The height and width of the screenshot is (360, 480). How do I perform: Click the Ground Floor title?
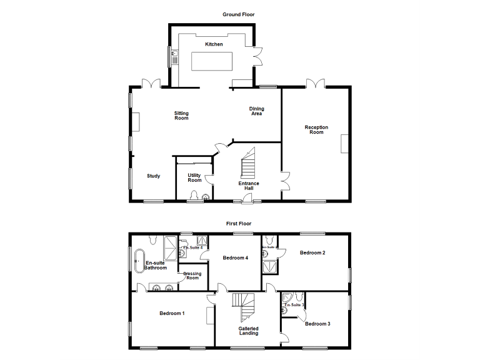(x=239, y=14)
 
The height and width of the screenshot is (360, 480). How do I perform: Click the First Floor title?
(x=239, y=223)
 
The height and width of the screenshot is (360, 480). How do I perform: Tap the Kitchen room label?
(x=214, y=44)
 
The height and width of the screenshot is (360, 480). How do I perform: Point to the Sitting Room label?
(x=181, y=116)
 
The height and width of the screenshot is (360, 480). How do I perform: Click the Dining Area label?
(x=256, y=111)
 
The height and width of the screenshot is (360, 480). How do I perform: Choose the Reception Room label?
(x=316, y=129)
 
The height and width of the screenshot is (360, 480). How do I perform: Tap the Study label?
(x=153, y=176)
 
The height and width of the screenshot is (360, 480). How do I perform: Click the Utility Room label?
(x=194, y=177)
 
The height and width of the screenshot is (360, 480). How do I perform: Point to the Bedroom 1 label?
(x=171, y=313)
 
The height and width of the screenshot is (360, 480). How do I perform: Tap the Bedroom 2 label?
(x=312, y=252)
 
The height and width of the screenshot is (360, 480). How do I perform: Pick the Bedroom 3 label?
(x=317, y=324)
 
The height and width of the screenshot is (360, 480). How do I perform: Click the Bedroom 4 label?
(x=236, y=257)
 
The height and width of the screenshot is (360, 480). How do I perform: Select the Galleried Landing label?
(x=248, y=331)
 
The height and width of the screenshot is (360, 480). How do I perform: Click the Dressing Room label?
(x=192, y=275)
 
